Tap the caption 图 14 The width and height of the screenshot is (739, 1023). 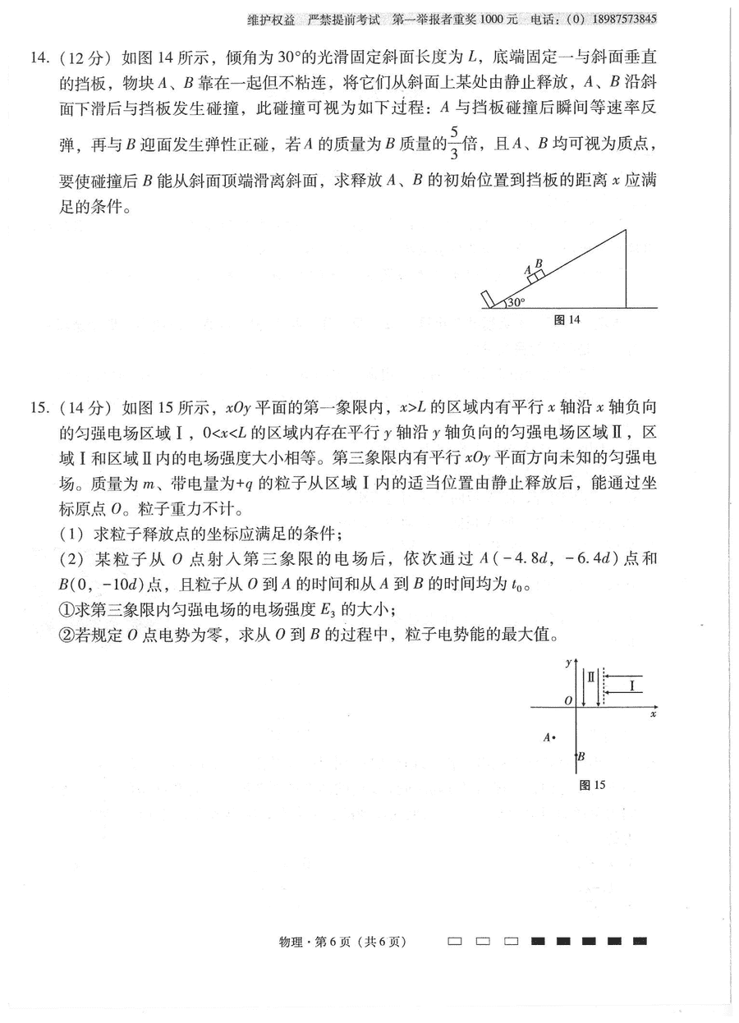pos(567,320)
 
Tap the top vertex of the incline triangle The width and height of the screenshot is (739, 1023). pos(627,231)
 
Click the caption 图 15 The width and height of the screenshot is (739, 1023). pos(592,785)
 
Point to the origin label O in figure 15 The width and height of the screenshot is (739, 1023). pos(567,700)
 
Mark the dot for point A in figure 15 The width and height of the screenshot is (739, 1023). pos(555,737)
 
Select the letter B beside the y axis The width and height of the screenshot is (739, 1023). pos(581,757)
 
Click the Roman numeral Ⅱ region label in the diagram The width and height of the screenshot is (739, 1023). pos(590,677)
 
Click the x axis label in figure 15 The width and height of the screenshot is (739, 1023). pos(653,715)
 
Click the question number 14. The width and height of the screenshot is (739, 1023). pos(39,58)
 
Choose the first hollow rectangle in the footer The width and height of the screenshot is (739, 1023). pos(455,941)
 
